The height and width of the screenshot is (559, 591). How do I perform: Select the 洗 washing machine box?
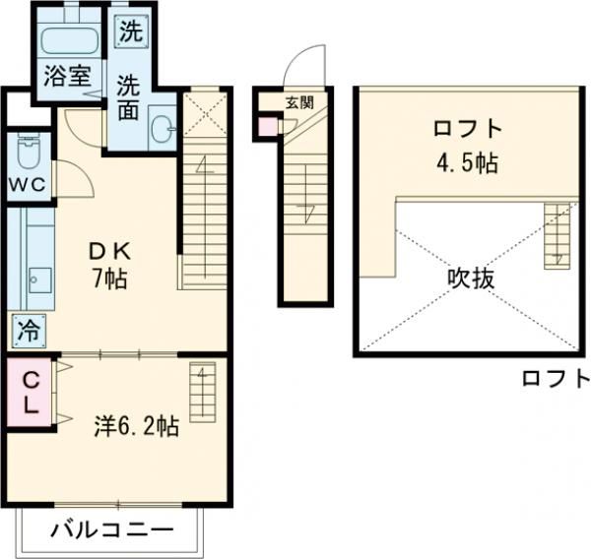point(130,31)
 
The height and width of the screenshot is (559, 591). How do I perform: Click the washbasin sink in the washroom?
point(164,126)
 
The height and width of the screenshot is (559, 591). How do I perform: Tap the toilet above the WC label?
point(28,154)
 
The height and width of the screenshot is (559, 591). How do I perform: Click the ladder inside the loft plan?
point(557,236)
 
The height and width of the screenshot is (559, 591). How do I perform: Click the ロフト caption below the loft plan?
point(555,378)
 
